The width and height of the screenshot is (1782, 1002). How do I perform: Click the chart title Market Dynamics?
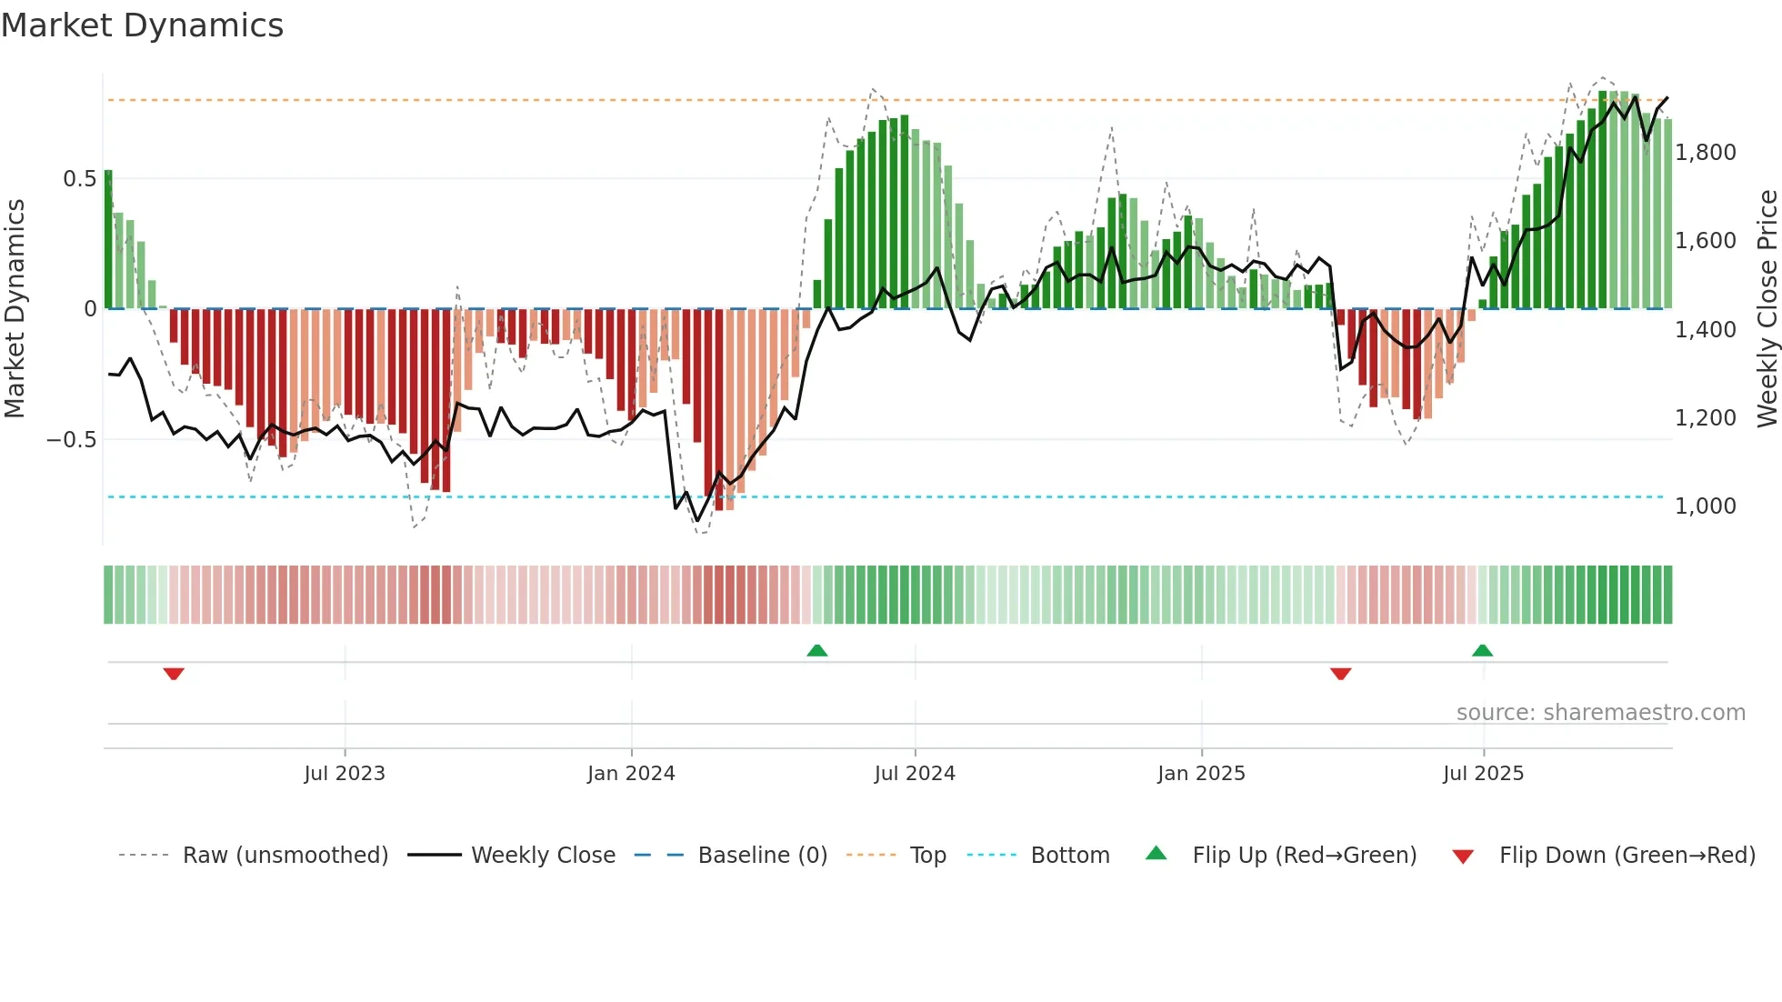point(142,25)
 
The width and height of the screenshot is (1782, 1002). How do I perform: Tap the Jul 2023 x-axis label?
point(345,774)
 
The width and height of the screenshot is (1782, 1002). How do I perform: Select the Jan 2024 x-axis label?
point(631,774)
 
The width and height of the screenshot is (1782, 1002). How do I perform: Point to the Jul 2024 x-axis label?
point(915,774)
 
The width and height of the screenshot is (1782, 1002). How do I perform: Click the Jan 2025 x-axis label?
point(1201,774)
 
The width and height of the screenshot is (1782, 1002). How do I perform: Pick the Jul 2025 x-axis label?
point(1483,774)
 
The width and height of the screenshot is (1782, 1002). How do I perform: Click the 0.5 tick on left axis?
point(79,179)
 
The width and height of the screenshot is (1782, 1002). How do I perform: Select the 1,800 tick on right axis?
point(1706,153)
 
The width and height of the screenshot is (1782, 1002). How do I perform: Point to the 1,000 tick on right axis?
point(1706,506)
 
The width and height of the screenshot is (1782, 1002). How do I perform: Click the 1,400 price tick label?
point(1706,330)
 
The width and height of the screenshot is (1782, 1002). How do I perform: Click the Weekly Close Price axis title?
point(1767,308)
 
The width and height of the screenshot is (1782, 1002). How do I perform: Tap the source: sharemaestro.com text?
point(1600,713)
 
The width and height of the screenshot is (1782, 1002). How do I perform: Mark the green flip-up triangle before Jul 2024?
point(817,650)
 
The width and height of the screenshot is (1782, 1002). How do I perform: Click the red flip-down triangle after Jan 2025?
point(1340,674)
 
